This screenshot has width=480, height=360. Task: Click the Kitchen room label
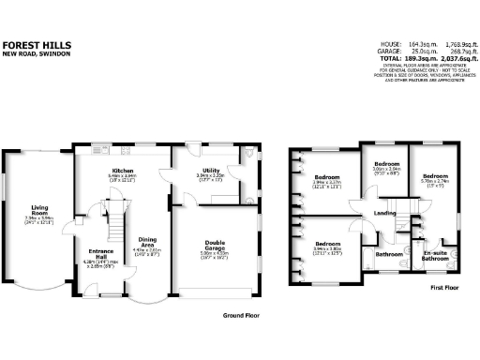click(123, 169)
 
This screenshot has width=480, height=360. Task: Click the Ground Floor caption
click(242, 316)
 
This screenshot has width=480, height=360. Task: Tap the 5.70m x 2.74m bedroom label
click(435, 179)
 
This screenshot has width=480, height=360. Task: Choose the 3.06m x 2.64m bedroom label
click(386, 169)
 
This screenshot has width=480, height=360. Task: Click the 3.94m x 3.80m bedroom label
click(327, 248)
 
